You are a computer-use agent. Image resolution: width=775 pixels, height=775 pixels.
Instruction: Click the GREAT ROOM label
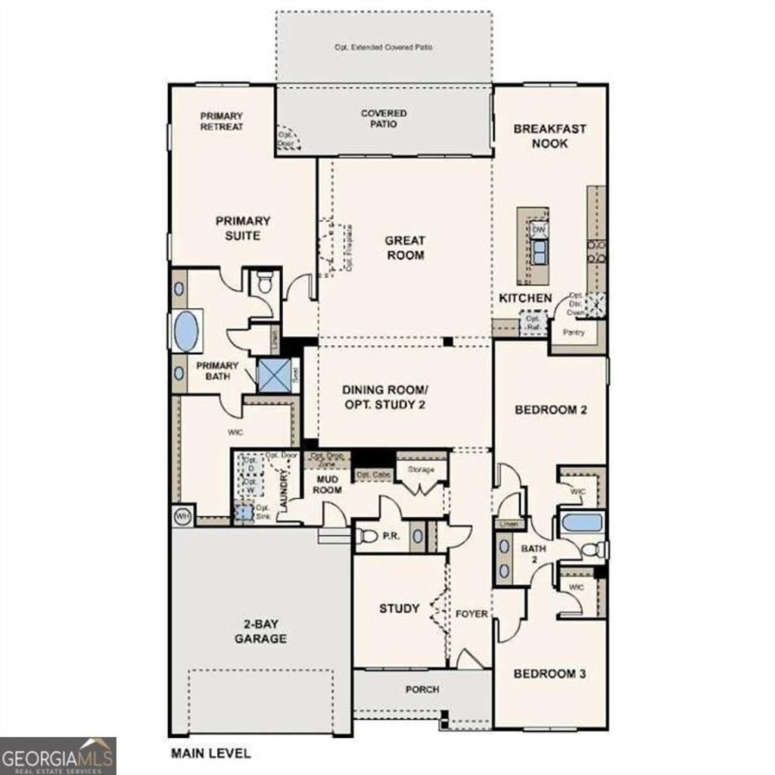tap(405, 248)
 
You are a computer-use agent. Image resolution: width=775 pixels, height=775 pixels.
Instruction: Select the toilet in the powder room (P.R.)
tap(366, 537)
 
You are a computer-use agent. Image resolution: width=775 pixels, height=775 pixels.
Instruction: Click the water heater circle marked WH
tap(182, 516)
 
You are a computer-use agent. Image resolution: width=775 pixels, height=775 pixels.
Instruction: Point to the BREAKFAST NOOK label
tap(549, 135)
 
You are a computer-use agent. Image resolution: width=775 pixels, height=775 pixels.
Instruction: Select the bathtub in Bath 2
tap(581, 523)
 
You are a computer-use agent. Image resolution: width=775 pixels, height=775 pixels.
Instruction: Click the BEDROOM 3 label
tap(549, 674)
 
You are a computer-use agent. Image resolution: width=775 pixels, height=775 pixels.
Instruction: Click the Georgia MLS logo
tap(58, 755)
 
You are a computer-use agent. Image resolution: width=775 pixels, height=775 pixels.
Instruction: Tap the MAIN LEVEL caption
tap(210, 754)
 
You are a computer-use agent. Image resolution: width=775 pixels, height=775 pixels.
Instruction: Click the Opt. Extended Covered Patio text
tap(383, 47)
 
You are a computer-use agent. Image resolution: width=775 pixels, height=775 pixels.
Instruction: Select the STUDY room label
tap(399, 608)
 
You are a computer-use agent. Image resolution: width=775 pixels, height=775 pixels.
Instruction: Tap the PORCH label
tap(422, 689)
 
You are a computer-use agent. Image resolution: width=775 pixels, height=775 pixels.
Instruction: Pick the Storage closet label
tap(421, 470)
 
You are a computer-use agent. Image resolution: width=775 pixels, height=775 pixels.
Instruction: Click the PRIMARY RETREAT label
tap(222, 121)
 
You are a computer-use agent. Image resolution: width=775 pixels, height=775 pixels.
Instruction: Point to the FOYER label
tap(472, 614)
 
